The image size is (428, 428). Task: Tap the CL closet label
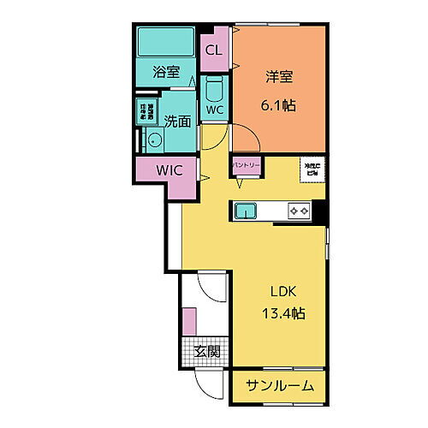pos(212,50)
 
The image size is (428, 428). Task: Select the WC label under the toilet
pos(214,110)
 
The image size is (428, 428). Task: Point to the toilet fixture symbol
pos(214,89)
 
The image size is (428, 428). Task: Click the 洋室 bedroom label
pos(278,77)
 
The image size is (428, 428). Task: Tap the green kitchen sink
pos(246,210)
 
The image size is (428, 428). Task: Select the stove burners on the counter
pos(298,210)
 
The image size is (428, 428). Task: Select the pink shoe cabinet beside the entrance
pos(188,323)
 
